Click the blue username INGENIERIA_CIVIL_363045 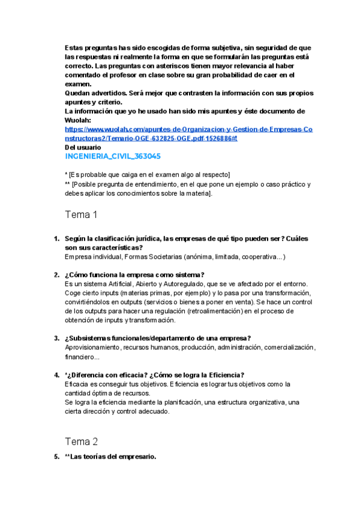click(112, 157)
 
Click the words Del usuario click(83, 147)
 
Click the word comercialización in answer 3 click(289, 347)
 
